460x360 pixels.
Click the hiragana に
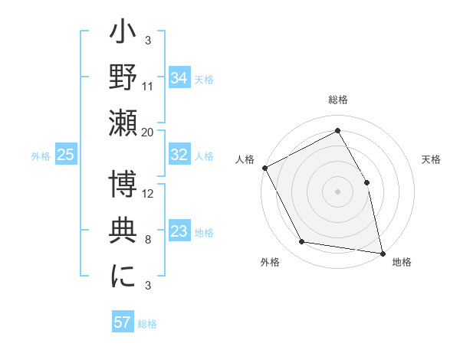(123, 277)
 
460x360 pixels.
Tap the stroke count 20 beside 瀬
(148, 133)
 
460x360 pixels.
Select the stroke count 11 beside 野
(148, 87)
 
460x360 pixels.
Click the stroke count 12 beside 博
(148, 193)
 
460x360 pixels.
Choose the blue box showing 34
(179, 78)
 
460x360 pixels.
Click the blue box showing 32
(179, 155)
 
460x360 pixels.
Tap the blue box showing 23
(179, 231)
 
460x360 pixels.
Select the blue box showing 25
(66, 155)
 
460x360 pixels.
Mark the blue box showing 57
(123, 322)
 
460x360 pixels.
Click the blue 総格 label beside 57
(147, 324)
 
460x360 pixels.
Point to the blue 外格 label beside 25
(41, 156)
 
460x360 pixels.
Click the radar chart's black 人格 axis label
(245, 159)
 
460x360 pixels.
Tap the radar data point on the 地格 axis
(383, 253)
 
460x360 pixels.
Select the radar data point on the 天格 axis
(366, 182)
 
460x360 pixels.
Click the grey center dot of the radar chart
(337, 191)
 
